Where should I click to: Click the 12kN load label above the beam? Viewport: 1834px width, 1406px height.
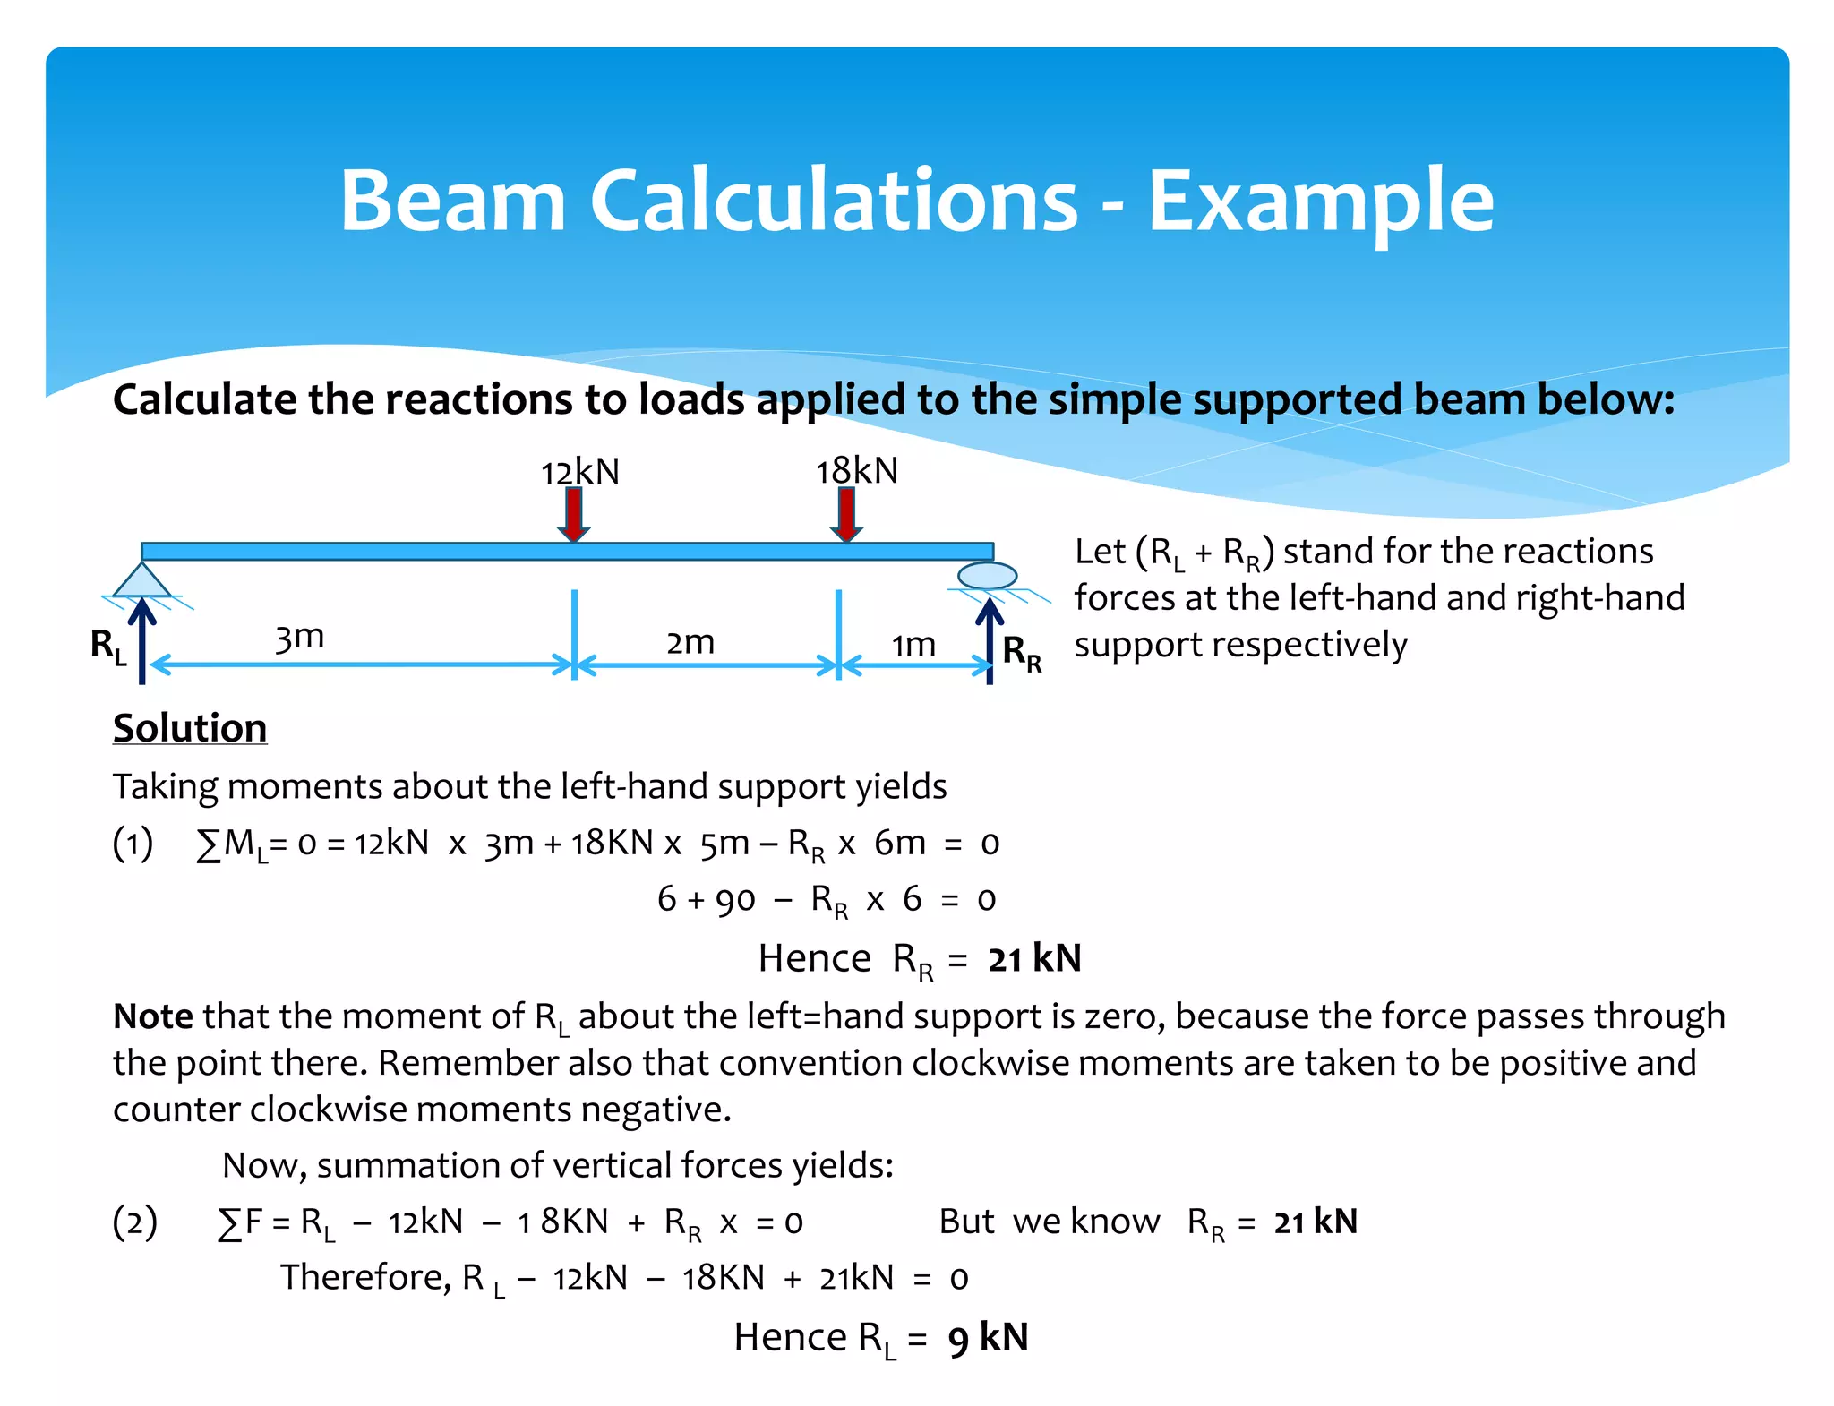tap(579, 472)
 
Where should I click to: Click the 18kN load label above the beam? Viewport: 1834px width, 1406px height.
tap(856, 470)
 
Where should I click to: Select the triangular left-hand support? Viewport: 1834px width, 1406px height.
tap(142, 581)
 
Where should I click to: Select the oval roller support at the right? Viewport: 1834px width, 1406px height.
tap(987, 575)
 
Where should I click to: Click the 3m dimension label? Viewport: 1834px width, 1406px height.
tap(299, 638)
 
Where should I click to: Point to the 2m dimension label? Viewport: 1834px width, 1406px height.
tap(690, 642)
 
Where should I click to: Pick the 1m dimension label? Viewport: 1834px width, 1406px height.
tap(913, 644)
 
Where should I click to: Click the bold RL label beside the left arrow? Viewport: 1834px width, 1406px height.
tap(108, 646)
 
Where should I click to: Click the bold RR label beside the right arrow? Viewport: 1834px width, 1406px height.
tap(1022, 652)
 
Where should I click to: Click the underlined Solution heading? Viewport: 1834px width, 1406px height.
tap(190, 727)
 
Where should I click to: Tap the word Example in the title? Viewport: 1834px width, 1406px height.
tap(1321, 201)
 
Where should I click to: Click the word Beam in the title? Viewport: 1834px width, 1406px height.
tap(452, 201)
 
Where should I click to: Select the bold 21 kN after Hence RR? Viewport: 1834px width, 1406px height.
tap(1034, 958)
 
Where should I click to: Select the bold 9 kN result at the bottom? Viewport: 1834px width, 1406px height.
tap(988, 1338)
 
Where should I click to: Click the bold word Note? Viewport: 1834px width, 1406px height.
tap(152, 1016)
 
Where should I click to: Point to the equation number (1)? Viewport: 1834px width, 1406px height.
tap(133, 843)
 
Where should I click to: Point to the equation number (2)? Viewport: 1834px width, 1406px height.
tap(134, 1222)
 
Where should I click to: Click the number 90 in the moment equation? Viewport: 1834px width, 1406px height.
tap(735, 899)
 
